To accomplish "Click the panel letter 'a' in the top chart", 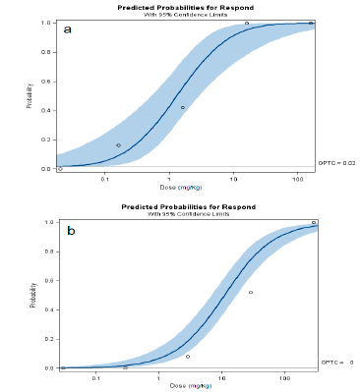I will pyautogui.click(x=68, y=29).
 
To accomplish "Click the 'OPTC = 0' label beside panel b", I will pyautogui.click(x=337, y=363).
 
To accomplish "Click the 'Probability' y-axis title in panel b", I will pyautogui.click(x=33, y=295).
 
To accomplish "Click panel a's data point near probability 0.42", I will pyautogui.click(x=182, y=107).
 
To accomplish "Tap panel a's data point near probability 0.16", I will pyautogui.click(x=118, y=145).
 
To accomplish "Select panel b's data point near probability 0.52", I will pyautogui.click(x=251, y=292).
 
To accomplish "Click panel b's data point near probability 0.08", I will pyautogui.click(x=188, y=356).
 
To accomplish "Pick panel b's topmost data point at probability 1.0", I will pyautogui.click(x=313, y=222).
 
